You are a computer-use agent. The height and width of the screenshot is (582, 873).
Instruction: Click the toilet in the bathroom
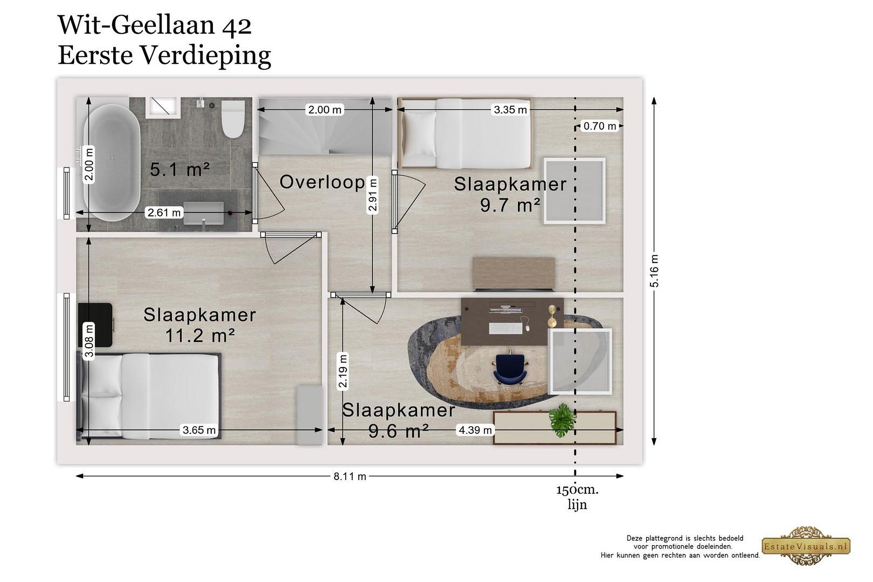[233, 119]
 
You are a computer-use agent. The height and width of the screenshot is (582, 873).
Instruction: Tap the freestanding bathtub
[112, 162]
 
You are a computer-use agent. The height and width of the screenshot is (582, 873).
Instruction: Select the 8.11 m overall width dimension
[350, 476]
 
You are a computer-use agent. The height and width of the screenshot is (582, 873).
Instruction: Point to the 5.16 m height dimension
[654, 271]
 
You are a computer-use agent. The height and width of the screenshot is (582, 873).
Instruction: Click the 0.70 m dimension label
[600, 126]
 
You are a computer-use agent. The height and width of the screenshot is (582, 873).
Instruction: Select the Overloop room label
[322, 182]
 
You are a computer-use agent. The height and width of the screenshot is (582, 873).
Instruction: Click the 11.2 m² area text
[200, 336]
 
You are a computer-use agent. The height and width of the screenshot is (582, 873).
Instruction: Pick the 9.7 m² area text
[510, 205]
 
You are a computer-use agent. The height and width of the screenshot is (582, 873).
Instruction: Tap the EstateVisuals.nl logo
[805, 546]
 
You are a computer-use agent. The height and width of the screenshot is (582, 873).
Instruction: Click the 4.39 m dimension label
[475, 430]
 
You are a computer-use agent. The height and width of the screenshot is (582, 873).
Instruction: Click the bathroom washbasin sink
[203, 213]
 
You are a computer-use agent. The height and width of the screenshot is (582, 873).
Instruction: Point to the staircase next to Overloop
[325, 126]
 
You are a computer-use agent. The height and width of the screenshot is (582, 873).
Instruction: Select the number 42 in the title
[236, 26]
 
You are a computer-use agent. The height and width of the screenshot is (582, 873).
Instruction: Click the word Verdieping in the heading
[206, 56]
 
